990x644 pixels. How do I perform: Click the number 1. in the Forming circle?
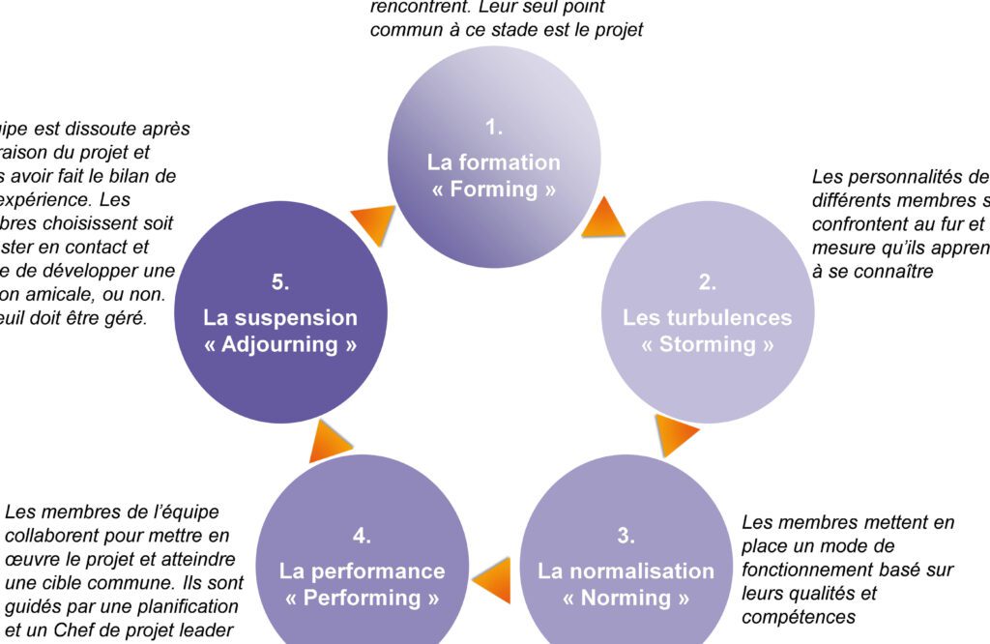point(494,127)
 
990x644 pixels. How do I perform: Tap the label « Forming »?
point(494,190)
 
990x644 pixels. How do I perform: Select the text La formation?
point(494,162)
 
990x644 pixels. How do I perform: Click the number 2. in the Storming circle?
point(708,282)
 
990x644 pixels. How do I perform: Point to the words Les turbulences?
point(708,318)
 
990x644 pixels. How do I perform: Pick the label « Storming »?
point(708,345)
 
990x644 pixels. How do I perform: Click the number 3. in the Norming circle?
point(626,535)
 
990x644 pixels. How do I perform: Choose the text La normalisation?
point(626,571)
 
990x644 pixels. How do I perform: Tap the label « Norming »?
point(626,598)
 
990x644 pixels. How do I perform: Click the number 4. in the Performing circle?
point(363,535)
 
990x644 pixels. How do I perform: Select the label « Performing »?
point(363,598)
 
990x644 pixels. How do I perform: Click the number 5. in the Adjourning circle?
point(280,282)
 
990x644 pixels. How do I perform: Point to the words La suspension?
point(280,318)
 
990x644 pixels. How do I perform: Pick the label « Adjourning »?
point(280,345)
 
